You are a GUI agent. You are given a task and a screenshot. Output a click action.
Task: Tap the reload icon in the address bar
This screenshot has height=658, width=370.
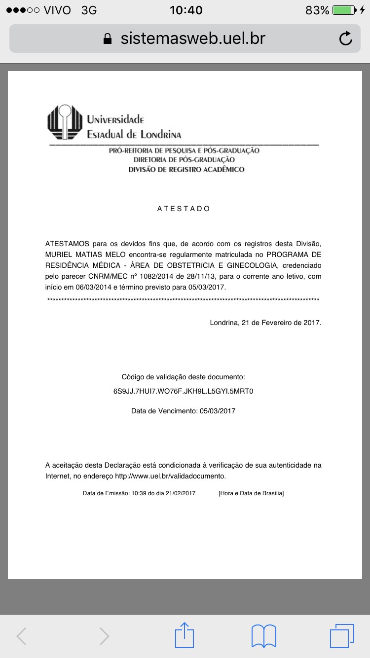[x=346, y=38]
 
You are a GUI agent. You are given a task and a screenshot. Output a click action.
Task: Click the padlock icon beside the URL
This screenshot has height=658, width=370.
[x=107, y=39]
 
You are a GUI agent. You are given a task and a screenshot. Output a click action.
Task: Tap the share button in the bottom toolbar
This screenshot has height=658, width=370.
[x=185, y=635]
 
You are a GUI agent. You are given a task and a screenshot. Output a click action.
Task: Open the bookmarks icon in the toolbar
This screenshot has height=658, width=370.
[x=264, y=635]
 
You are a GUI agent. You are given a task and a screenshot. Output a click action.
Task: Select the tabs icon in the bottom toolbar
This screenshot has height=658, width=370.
[x=342, y=635]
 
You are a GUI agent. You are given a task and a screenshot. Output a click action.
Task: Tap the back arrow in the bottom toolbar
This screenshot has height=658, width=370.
[x=22, y=636]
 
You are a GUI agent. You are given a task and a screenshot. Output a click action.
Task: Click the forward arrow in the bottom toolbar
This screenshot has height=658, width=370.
[x=104, y=636]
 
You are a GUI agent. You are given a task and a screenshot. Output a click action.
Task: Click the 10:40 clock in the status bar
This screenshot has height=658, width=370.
[x=185, y=10]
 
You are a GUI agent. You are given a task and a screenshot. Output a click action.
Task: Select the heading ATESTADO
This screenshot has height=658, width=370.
[x=184, y=209]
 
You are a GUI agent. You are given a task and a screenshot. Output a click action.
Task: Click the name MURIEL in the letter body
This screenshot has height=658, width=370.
[x=60, y=255]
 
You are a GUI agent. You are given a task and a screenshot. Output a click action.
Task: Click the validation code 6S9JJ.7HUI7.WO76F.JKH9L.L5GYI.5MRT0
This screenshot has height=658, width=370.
[x=184, y=392]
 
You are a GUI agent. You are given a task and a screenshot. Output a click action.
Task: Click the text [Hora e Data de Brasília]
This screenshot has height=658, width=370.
[x=251, y=493]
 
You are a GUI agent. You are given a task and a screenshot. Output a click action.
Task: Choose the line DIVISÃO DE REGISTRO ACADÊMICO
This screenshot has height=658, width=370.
[x=186, y=169]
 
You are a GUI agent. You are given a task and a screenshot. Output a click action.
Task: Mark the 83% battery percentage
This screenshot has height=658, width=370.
[x=317, y=10]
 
